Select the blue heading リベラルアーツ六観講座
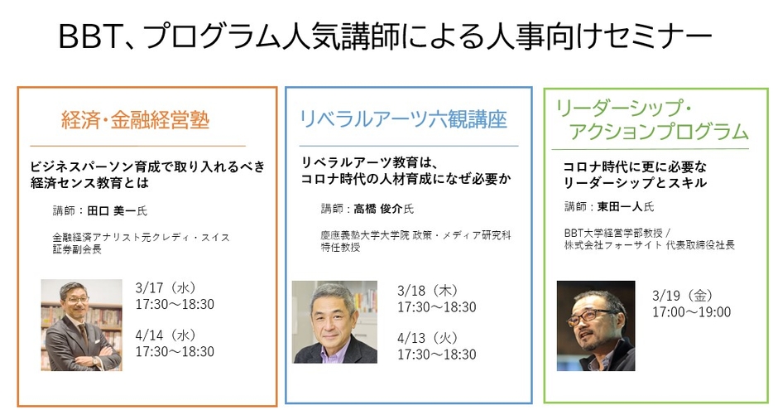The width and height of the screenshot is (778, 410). pos(403,119)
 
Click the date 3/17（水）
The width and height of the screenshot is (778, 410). pos(166,288)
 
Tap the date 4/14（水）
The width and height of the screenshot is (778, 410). pos(166,335)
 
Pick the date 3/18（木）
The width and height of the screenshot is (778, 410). pos(428,291)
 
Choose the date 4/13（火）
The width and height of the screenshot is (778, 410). pos(428,338)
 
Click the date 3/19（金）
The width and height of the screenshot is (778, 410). pos(683,296)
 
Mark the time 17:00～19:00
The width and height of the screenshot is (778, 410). pos(692,312)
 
